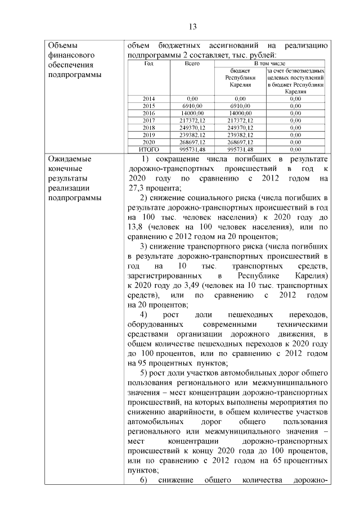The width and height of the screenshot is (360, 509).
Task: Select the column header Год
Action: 148,64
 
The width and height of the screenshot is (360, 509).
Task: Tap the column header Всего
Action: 192,64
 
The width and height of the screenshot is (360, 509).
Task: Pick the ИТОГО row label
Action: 148,150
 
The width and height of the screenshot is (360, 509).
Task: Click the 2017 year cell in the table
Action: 148,120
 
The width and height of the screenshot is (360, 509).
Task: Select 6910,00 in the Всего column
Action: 192,106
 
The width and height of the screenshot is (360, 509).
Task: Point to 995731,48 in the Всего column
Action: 192,150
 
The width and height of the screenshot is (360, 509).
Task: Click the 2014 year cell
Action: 148,98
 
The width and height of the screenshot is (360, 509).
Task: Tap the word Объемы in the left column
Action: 63,46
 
